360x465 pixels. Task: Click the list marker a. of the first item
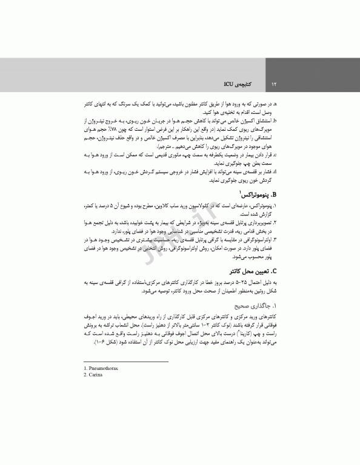pyautogui.click(x=275, y=104)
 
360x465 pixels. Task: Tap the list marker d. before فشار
pyautogui.click(x=275, y=172)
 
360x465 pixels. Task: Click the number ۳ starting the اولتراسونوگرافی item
pyautogui.click(x=275, y=240)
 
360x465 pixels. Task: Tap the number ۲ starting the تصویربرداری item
pyautogui.click(x=275, y=223)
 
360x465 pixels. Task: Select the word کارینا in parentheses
pyautogui.click(x=246, y=335)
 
